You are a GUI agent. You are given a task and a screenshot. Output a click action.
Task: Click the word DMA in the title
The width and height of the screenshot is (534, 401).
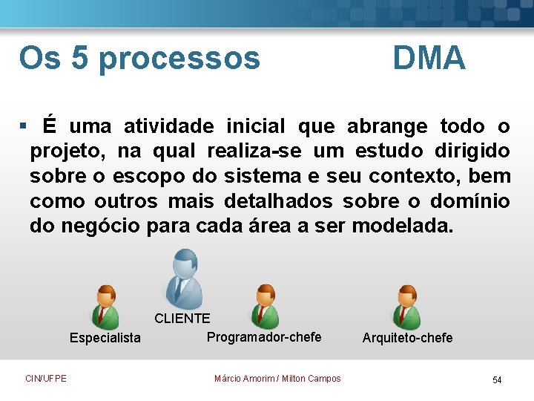429,58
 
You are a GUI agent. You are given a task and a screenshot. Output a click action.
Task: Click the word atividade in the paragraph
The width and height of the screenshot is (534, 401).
168,126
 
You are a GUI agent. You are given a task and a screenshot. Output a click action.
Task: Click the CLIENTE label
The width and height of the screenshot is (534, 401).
182,319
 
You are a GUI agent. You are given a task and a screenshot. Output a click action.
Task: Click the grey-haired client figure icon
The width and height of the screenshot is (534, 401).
181,278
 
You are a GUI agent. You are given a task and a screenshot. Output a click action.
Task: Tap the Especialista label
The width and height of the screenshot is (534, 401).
105,339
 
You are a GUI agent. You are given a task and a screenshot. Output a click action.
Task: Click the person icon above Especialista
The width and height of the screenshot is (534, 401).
105,306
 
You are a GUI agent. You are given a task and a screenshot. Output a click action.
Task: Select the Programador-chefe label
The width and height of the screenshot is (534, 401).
264,337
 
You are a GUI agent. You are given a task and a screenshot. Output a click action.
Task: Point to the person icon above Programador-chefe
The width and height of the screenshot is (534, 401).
264,305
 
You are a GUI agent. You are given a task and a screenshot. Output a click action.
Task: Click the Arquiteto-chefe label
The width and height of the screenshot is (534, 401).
407,338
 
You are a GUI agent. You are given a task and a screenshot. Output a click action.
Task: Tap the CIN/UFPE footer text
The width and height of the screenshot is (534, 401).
45,379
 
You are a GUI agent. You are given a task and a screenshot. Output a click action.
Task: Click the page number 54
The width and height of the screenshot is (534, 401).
497,380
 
